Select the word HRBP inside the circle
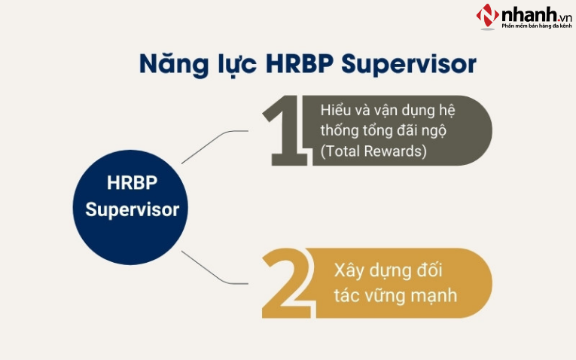click(132, 183)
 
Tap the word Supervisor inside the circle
click(132, 209)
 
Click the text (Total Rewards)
click(373, 151)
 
